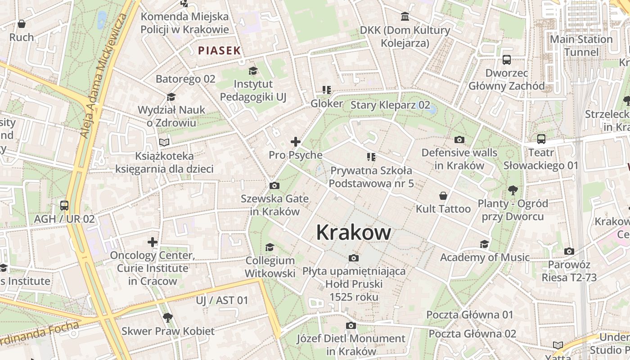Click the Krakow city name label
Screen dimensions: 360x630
click(x=353, y=233)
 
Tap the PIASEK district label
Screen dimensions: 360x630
click(x=220, y=50)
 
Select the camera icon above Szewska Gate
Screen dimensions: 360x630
click(x=274, y=185)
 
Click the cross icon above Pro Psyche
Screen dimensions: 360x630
click(x=296, y=142)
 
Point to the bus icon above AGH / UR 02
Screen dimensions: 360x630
click(x=64, y=206)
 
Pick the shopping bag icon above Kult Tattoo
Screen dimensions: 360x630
click(x=443, y=196)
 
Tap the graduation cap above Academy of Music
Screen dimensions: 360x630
click(x=485, y=244)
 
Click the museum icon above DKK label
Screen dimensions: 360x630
click(x=405, y=17)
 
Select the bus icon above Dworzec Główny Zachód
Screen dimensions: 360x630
click(x=507, y=59)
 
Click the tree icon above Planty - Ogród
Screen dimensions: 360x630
click(x=513, y=190)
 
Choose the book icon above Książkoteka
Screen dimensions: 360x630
click(x=165, y=143)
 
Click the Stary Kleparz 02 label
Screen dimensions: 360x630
click(x=390, y=105)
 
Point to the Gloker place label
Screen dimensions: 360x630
click(x=327, y=103)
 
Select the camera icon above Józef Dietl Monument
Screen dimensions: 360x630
click(x=351, y=325)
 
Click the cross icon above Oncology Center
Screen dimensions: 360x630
click(x=153, y=242)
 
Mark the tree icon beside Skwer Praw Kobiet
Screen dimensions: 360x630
click(x=167, y=318)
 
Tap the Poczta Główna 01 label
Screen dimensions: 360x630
click(x=470, y=315)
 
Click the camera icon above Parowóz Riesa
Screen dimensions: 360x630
click(x=569, y=251)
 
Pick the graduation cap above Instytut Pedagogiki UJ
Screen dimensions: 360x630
click(x=253, y=71)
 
